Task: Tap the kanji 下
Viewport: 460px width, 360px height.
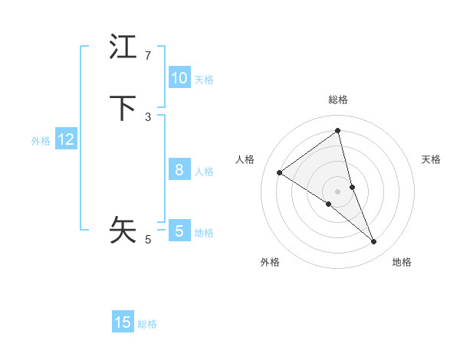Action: tap(123, 108)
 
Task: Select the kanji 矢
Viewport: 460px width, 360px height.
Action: tap(123, 229)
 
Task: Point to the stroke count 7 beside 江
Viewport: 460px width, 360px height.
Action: tap(148, 56)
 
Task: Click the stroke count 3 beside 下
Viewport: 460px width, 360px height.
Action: tap(148, 116)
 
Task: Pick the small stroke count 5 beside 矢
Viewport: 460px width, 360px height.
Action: tap(148, 240)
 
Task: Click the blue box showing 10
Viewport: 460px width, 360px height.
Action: tap(179, 78)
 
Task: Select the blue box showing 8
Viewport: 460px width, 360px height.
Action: tap(179, 170)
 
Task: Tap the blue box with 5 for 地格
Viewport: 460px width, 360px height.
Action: tap(179, 231)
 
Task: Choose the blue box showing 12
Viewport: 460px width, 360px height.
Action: tap(66, 139)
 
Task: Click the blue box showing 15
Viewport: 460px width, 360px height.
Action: tap(123, 322)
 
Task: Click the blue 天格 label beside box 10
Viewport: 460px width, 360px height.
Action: tap(204, 79)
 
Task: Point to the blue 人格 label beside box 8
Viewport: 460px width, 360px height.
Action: tap(204, 171)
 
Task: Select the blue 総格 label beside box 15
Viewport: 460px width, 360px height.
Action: tap(147, 323)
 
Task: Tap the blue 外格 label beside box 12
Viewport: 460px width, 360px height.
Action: tap(41, 140)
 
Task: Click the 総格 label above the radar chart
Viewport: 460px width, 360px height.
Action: tap(338, 100)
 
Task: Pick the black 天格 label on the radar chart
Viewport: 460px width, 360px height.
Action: tap(432, 159)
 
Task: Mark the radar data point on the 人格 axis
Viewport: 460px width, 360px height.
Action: tap(280, 172)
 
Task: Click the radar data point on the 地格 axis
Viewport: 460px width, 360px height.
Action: tap(374, 242)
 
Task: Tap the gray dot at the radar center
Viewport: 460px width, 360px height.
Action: tap(338, 191)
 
